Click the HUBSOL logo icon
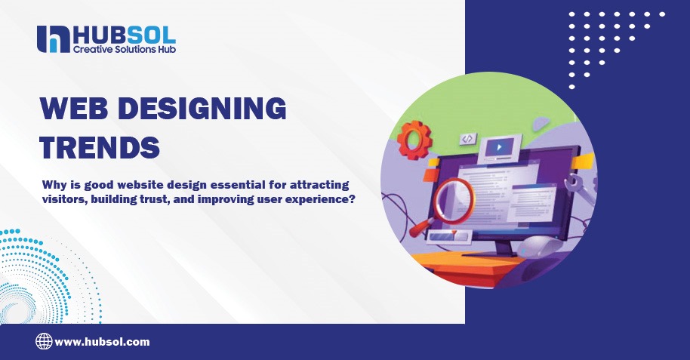coord(53,39)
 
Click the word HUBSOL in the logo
coord(124,34)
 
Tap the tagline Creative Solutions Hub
coord(124,49)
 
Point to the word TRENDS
coord(100,146)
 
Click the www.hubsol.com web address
coord(102,342)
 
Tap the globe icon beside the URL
coord(44,342)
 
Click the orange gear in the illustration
coord(414,140)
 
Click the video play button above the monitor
coord(497,144)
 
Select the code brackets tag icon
coord(468,139)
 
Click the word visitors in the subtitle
coord(66,199)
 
